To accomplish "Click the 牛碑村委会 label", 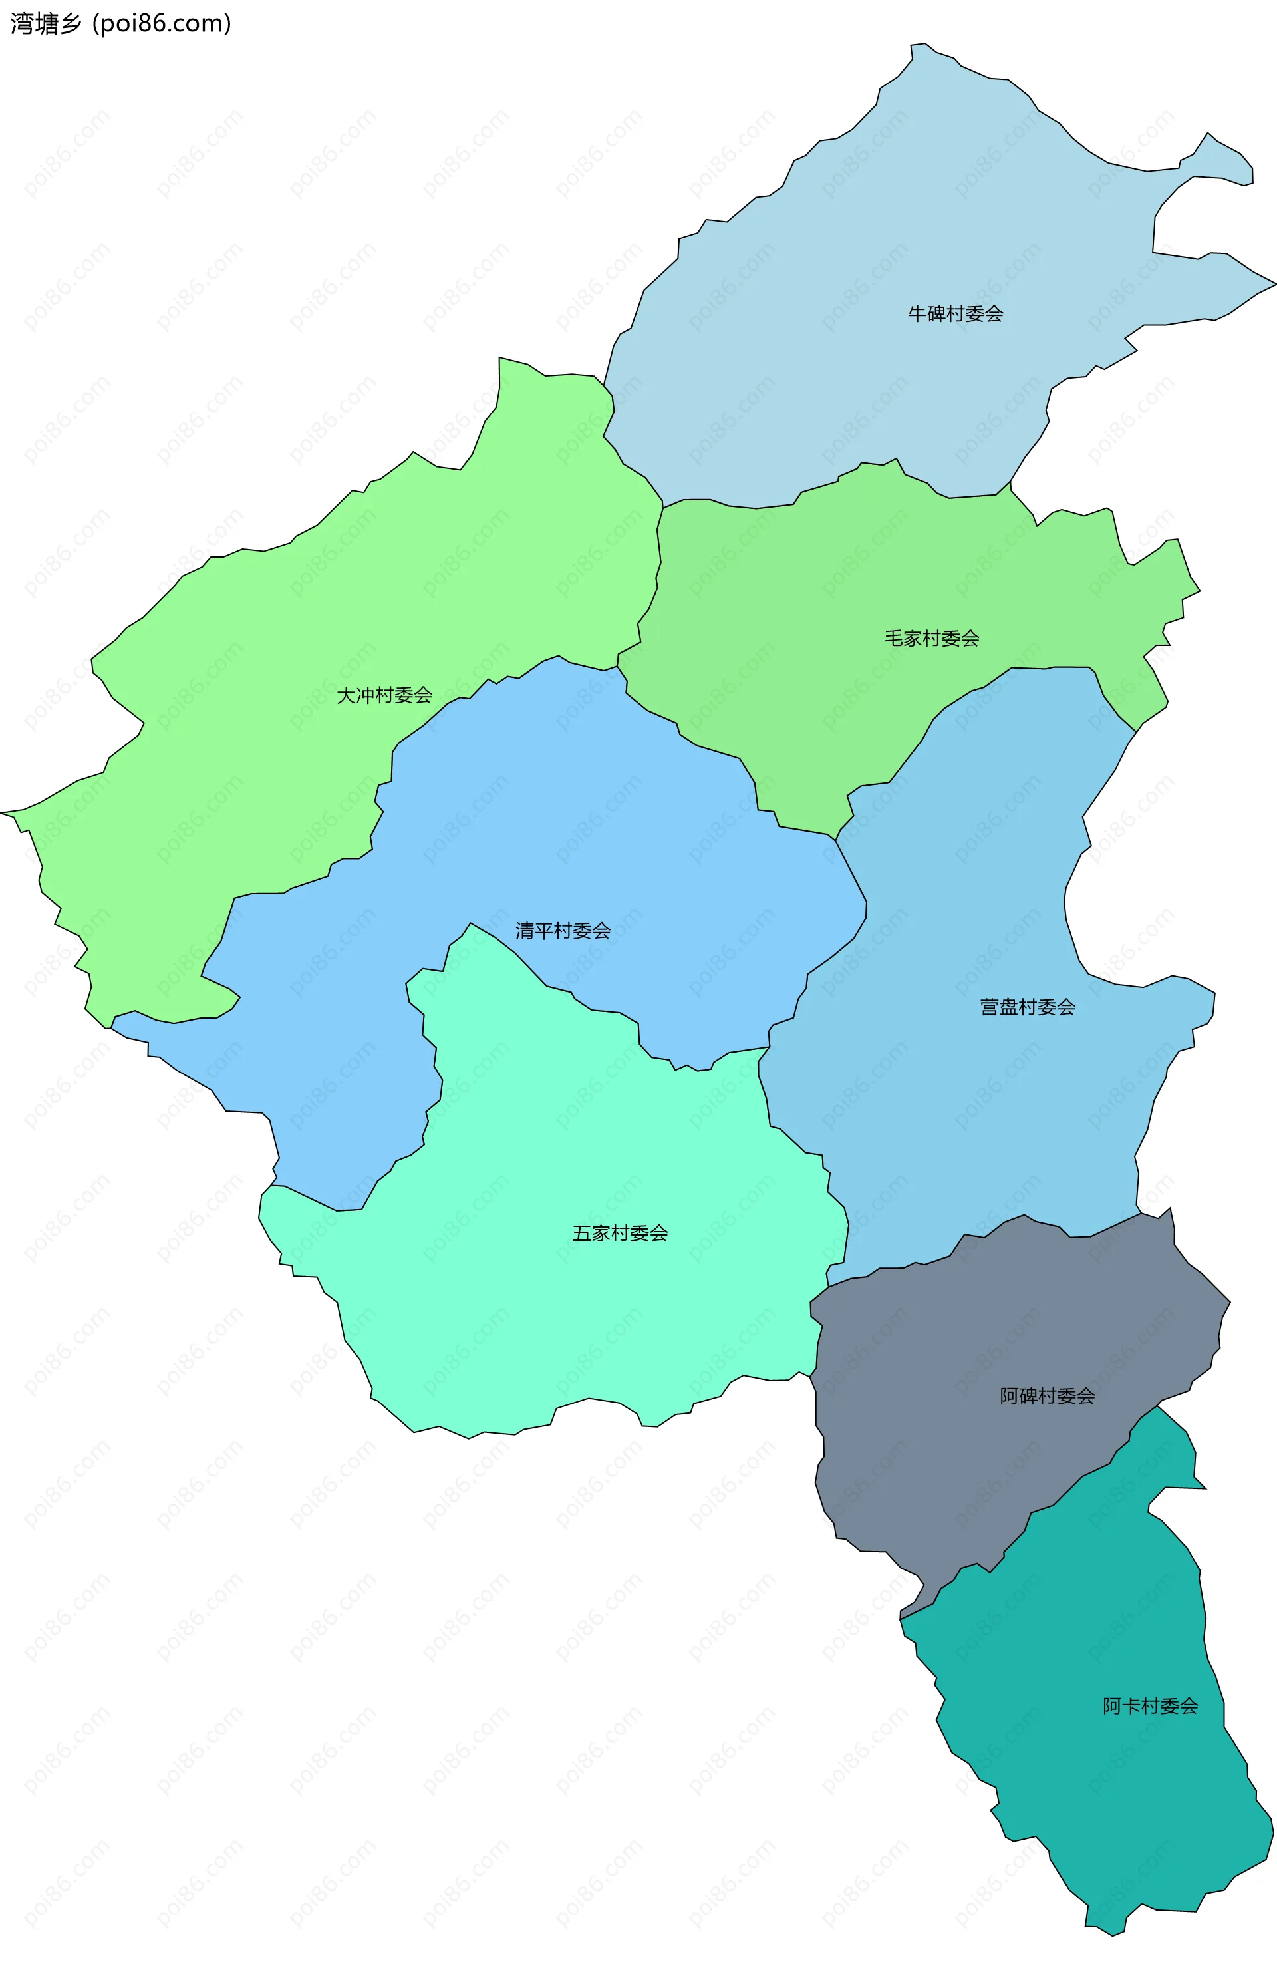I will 955,313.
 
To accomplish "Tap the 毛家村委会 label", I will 931,638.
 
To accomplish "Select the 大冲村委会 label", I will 384,695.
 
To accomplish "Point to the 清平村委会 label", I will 563,931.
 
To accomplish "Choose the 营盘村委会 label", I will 1028,1007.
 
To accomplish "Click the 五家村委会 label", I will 621,1234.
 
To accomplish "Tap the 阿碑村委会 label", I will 1048,1396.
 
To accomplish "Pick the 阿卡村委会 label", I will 1150,1705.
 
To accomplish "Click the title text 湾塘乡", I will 47,23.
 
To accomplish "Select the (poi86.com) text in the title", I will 162,23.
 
